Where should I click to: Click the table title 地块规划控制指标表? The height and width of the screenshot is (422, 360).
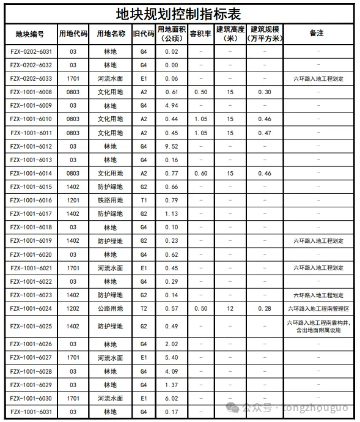(180, 13)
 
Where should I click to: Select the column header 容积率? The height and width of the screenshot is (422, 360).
(200, 34)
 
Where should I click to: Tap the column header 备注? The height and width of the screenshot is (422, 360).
(316, 34)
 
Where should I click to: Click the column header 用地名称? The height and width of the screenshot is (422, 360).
(111, 34)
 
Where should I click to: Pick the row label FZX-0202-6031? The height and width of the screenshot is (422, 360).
(31, 51)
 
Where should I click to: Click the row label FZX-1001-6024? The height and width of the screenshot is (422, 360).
(31, 309)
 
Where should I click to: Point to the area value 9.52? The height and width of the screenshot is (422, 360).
(171, 146)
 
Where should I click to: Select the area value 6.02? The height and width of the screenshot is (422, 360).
(171, 398)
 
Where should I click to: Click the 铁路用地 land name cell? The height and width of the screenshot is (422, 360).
(110, 201)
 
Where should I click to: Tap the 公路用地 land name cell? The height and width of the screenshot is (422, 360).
(110, 309)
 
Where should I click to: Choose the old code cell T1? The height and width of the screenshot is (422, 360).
(144, 201)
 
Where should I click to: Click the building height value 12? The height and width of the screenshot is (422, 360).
(230, 309)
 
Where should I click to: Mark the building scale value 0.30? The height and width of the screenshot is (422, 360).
(265, 92)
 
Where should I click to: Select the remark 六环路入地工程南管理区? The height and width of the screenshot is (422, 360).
(316, 309)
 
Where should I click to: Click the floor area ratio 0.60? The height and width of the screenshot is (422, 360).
(200, 174)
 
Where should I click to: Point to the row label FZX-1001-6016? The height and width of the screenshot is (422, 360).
(31, 201)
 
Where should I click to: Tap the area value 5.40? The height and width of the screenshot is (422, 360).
(171, 357)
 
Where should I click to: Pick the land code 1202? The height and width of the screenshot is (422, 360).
(73, 309)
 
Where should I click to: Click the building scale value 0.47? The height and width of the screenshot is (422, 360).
(265, 133)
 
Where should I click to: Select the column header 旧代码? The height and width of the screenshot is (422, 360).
(144, 34)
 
